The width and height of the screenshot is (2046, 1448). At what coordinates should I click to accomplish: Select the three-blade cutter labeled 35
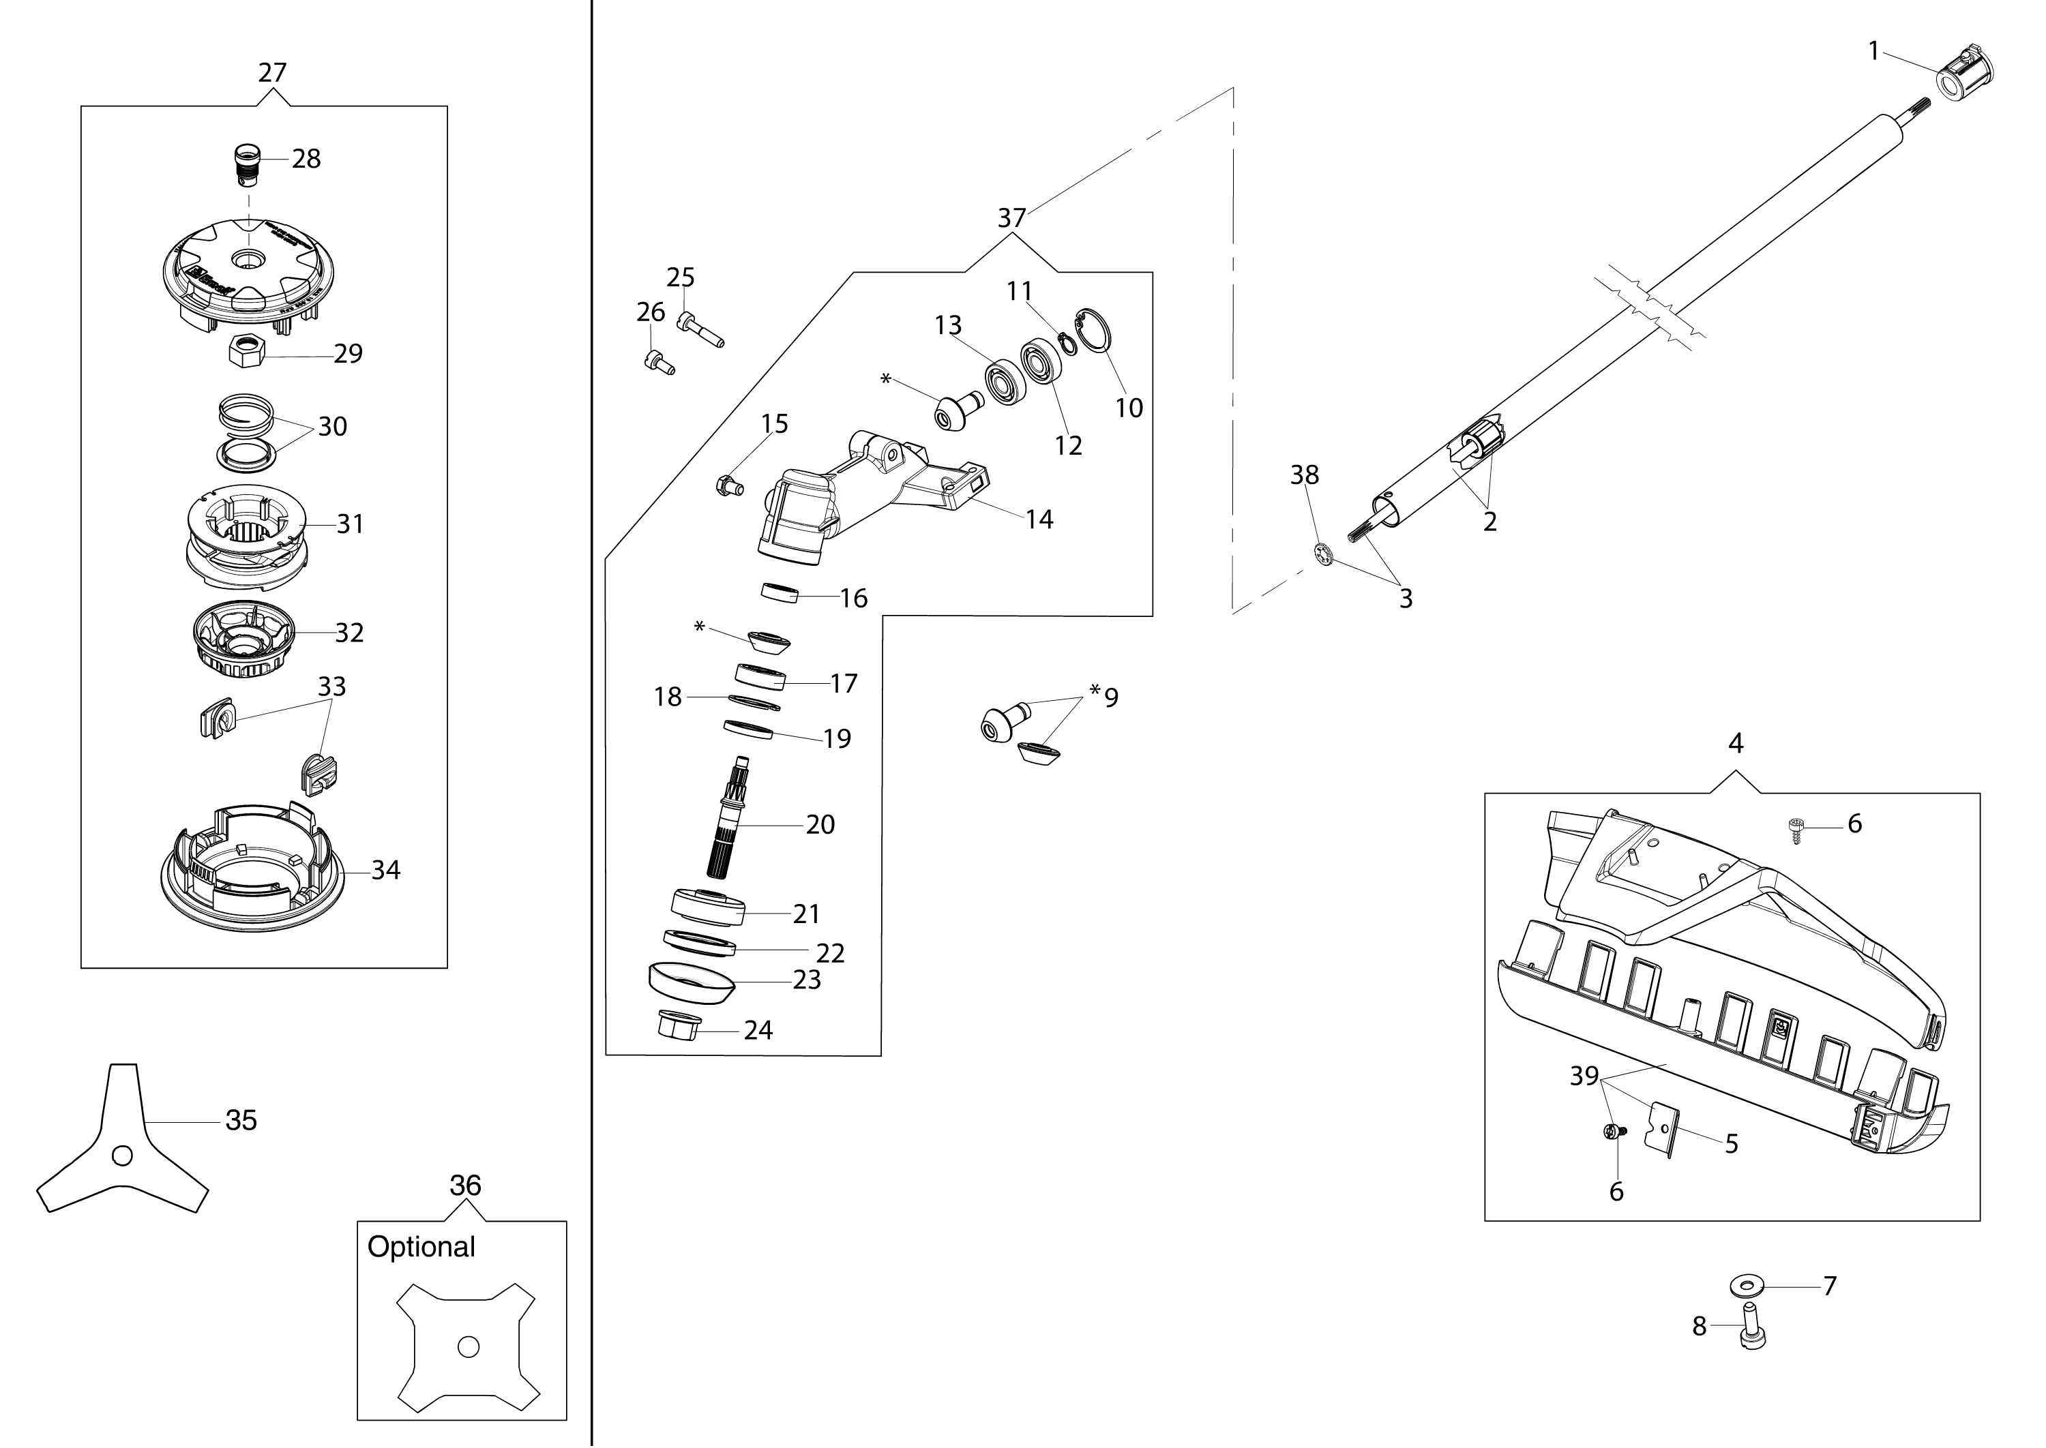pos(122,1147)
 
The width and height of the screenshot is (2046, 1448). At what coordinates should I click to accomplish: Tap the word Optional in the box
pos(421,1246)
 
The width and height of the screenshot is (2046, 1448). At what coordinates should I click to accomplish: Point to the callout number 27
pos(272,72)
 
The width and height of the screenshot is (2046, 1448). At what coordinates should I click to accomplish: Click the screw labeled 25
pos(700,331)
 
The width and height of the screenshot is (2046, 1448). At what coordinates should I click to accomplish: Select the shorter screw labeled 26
pos(658,362)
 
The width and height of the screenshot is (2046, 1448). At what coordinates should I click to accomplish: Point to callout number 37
pos(1011,218)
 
